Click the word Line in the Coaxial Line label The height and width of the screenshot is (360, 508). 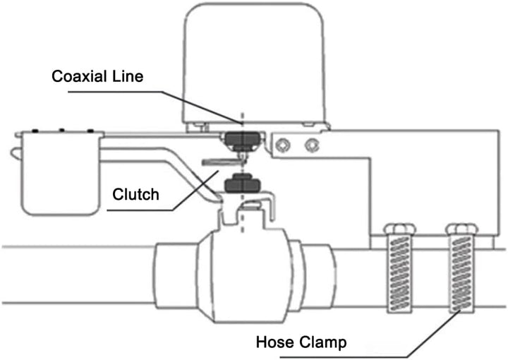tap(128, 76)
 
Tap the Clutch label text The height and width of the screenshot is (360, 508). tap(135, 194)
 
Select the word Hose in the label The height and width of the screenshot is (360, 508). tap(274, 342)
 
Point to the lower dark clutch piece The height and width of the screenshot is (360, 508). tap(242, 184)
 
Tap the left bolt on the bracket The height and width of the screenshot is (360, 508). tap(283, 145)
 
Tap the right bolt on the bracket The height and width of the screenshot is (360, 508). tap(312, 145)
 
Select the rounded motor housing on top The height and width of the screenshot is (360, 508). tap(254, 65)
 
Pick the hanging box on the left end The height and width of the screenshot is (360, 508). tap(60, 174)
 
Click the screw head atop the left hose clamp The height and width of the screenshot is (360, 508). tap(400, 229)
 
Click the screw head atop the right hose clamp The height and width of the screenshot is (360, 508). tap(461, 229)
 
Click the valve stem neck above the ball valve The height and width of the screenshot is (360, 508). tap(242, 215)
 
